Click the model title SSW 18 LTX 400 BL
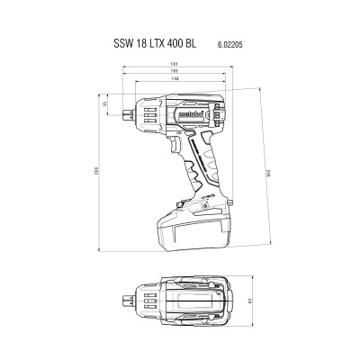(161, 41)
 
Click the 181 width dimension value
(170, 63)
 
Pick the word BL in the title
(202, 41)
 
